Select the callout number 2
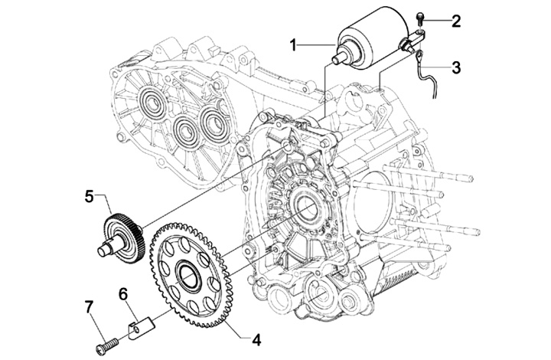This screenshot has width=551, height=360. click(456, 20)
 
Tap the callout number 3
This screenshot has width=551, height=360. click(456, 67)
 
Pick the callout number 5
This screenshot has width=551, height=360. click(90, 197)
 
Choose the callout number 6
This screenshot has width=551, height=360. click(122, 293)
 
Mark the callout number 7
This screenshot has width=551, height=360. click(90, 307)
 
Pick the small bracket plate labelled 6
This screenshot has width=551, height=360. click(135, 329)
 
